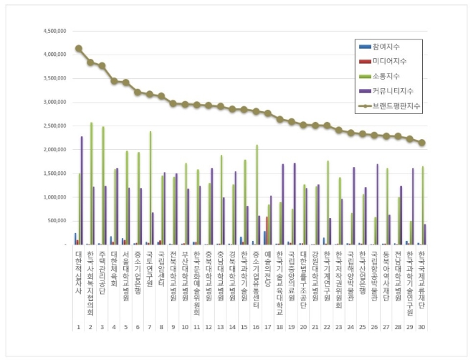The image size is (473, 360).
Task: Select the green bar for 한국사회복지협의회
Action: pos(91,183)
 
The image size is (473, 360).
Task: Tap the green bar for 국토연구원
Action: pos(150,188)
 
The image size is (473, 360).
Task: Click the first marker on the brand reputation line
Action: pos(79,49)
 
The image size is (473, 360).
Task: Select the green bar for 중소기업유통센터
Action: pos(256,194)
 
